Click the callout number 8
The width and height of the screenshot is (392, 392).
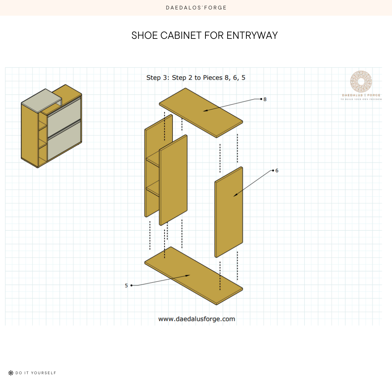coord(265,99)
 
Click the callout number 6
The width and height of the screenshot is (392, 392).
coord(277,170)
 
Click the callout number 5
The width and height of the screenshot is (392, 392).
coord(126,286)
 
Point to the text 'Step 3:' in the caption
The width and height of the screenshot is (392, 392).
coord(158,78)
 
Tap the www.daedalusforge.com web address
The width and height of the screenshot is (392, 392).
coord(196,319)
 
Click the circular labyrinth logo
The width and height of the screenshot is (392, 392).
coord(361,82)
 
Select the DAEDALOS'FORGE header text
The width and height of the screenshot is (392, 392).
coord(196,8)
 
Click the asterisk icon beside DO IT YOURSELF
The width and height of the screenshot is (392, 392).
coord(11,373)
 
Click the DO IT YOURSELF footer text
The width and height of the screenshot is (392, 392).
coord(36,373)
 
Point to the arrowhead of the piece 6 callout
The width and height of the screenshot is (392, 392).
coord(234,196)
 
